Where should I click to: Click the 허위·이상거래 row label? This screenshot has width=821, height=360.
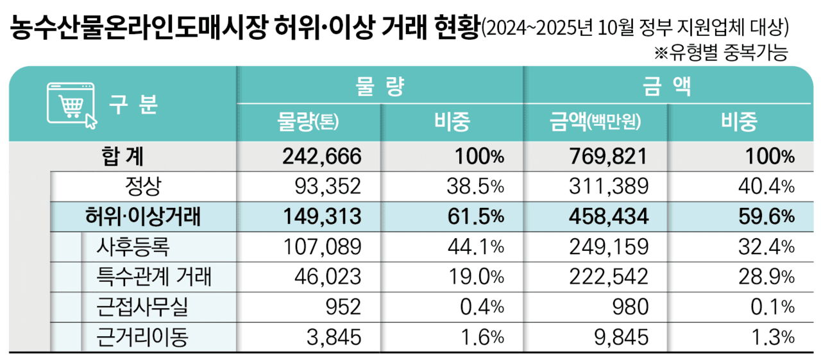pos(142,216)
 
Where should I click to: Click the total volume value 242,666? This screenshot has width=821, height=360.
pos(322,156)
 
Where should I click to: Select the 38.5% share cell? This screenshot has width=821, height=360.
pos(475,186)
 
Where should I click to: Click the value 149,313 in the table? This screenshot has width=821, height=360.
pos(322,216)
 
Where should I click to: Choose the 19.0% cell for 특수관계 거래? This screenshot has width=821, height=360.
pos(475,277)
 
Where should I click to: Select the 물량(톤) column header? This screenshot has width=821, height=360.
pos(309,121)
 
